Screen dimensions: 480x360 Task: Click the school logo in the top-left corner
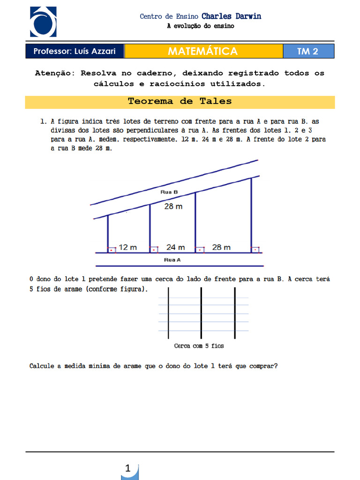coord(43,22)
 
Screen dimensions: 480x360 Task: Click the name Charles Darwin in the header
coord(231,16)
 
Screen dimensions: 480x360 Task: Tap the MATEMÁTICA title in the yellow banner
coord(203,51)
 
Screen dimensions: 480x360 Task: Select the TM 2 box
coord(308,52)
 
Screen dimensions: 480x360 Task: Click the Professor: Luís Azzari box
coord(75,51)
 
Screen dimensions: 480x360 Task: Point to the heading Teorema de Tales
coord(180,102)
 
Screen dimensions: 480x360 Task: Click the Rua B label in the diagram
coord(169,192)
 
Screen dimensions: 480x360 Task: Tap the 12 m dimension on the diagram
coord(127,247)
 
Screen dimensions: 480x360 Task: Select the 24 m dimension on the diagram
coord(175,247)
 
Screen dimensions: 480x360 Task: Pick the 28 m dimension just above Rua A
coord(221,247)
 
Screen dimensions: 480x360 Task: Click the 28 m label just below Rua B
coord(173,206)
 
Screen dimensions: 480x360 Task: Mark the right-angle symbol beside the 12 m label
coord(112,250)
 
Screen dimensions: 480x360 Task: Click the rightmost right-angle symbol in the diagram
coord(255,250)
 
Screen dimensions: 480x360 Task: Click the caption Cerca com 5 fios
coord(199,346)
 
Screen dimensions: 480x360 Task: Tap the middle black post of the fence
coord(201,312)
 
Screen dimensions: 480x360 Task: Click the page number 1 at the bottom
coord(128,468)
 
